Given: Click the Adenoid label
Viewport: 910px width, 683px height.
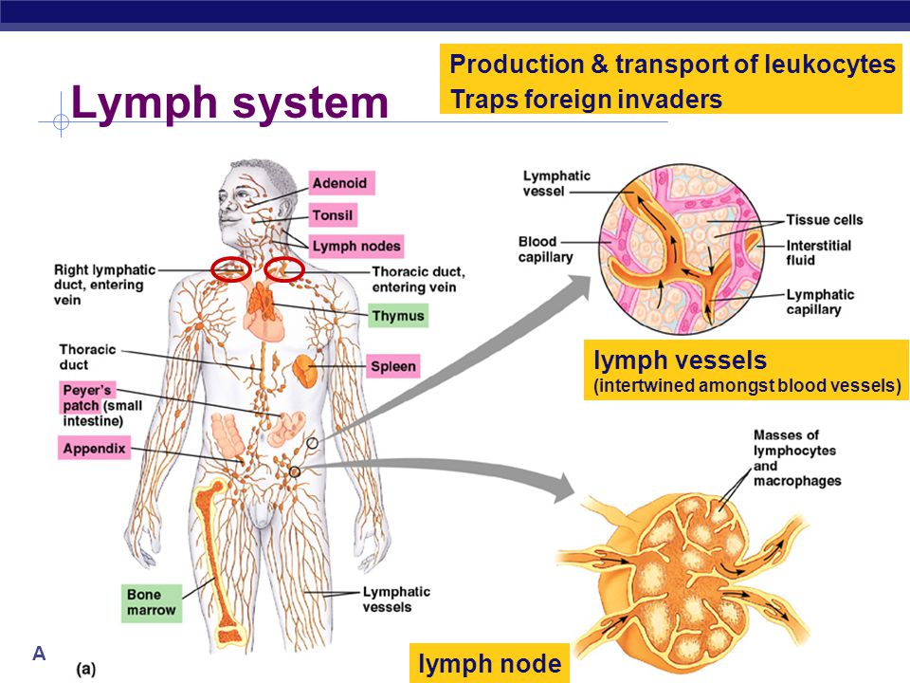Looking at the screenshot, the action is [x=341, y=183].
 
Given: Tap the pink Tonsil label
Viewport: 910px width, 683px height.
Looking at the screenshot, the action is [x=333, y=215].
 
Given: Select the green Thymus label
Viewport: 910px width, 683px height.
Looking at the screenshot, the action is [x=398, y=316].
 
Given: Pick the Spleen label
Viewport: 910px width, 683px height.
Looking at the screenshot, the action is [x=392, y=366].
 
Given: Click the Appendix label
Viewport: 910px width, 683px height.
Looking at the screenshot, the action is [x=94, y=449].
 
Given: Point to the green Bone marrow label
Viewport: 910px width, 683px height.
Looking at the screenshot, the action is [x=151, y=602].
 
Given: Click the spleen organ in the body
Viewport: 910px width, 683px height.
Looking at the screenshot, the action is [x=305, y=371].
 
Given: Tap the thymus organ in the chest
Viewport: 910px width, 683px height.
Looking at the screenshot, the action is [x=263, y=302].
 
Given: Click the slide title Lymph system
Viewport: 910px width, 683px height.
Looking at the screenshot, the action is [x=229, y=102].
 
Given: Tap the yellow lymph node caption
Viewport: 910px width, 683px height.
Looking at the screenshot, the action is [x=489, y=663].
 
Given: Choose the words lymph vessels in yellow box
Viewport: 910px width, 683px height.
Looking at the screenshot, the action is [x=680, y=360].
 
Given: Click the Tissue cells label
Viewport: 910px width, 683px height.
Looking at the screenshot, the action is [x=824, y=219].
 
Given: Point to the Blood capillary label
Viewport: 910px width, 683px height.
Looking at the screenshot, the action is [x=546, y=249].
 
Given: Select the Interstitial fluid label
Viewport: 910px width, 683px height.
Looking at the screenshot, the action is [x=818, y=252].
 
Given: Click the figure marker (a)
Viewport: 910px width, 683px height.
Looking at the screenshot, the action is [x=86, y=669].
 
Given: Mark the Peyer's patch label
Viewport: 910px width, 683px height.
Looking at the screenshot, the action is [x=86, y=397].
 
